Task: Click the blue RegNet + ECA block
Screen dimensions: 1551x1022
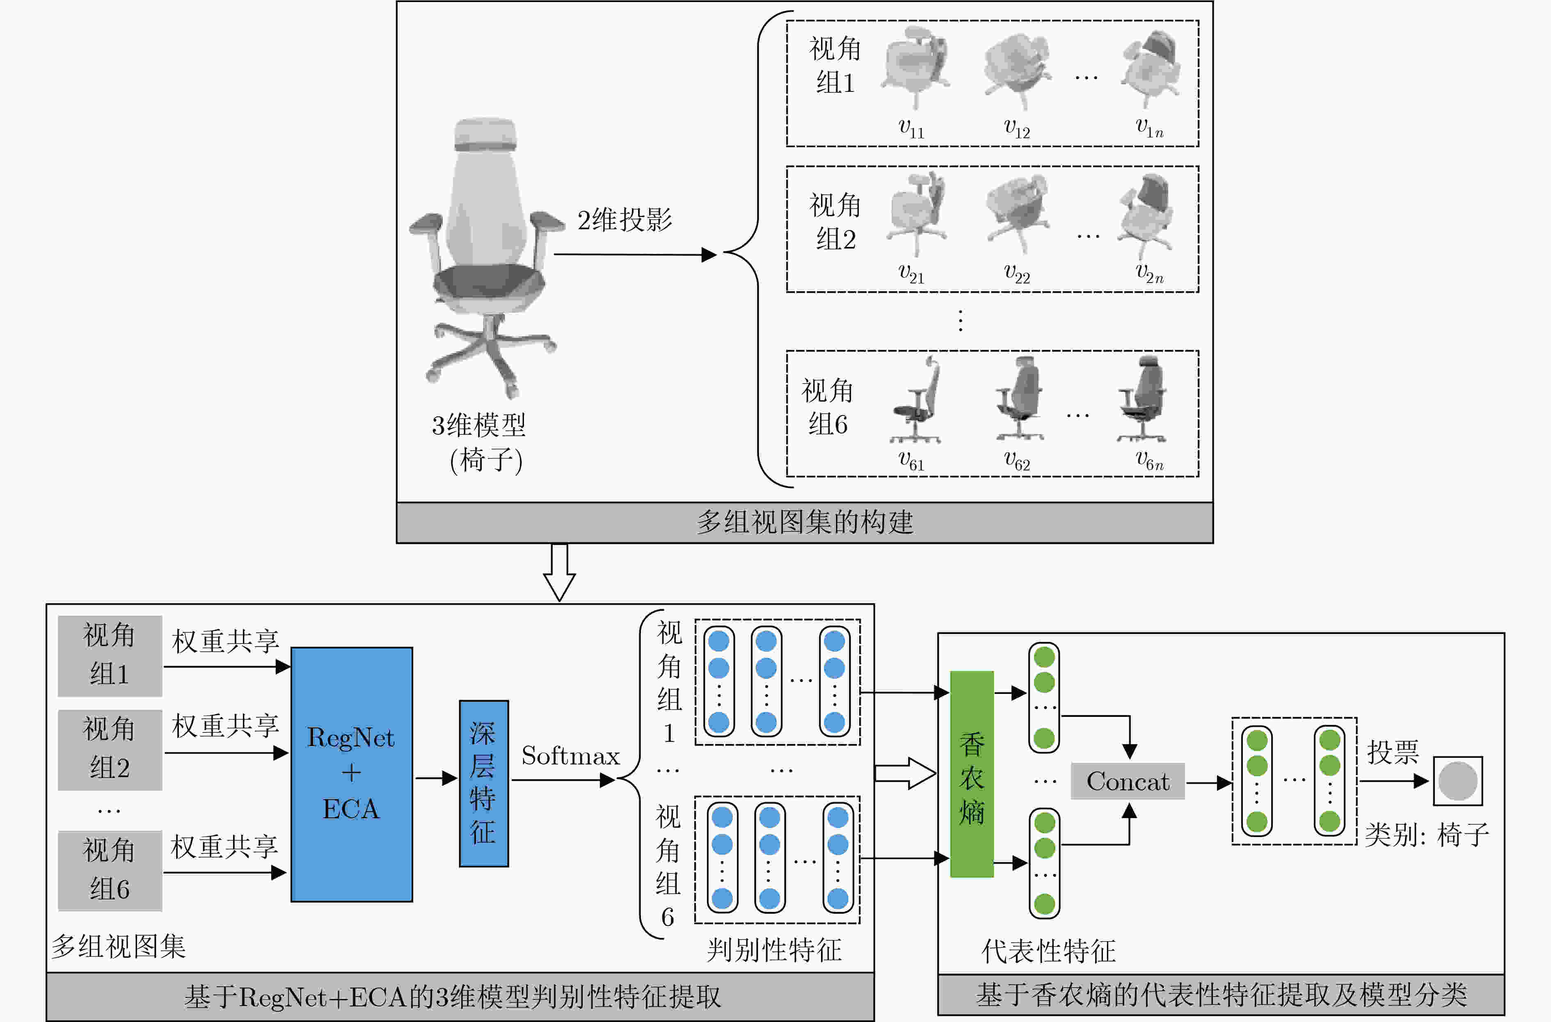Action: coord(351,774)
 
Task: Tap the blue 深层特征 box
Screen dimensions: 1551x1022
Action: coord(484,783)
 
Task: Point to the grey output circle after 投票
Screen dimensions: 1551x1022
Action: coord(1458,781)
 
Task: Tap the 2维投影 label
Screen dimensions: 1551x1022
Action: coord(625,220)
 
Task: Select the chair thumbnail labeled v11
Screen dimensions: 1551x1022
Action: coord(915,67)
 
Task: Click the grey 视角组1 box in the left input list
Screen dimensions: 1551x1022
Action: coord(110,656)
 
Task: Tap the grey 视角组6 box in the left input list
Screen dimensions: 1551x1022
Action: coord(110,871)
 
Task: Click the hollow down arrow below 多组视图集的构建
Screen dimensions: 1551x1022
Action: coord(559,572)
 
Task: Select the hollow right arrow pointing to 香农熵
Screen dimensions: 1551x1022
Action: coord(905,773)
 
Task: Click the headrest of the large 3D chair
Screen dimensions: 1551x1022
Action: coord(485,135)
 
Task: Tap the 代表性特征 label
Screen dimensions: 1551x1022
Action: coord(1048,951)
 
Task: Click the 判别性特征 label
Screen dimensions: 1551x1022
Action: coord(774,950)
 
